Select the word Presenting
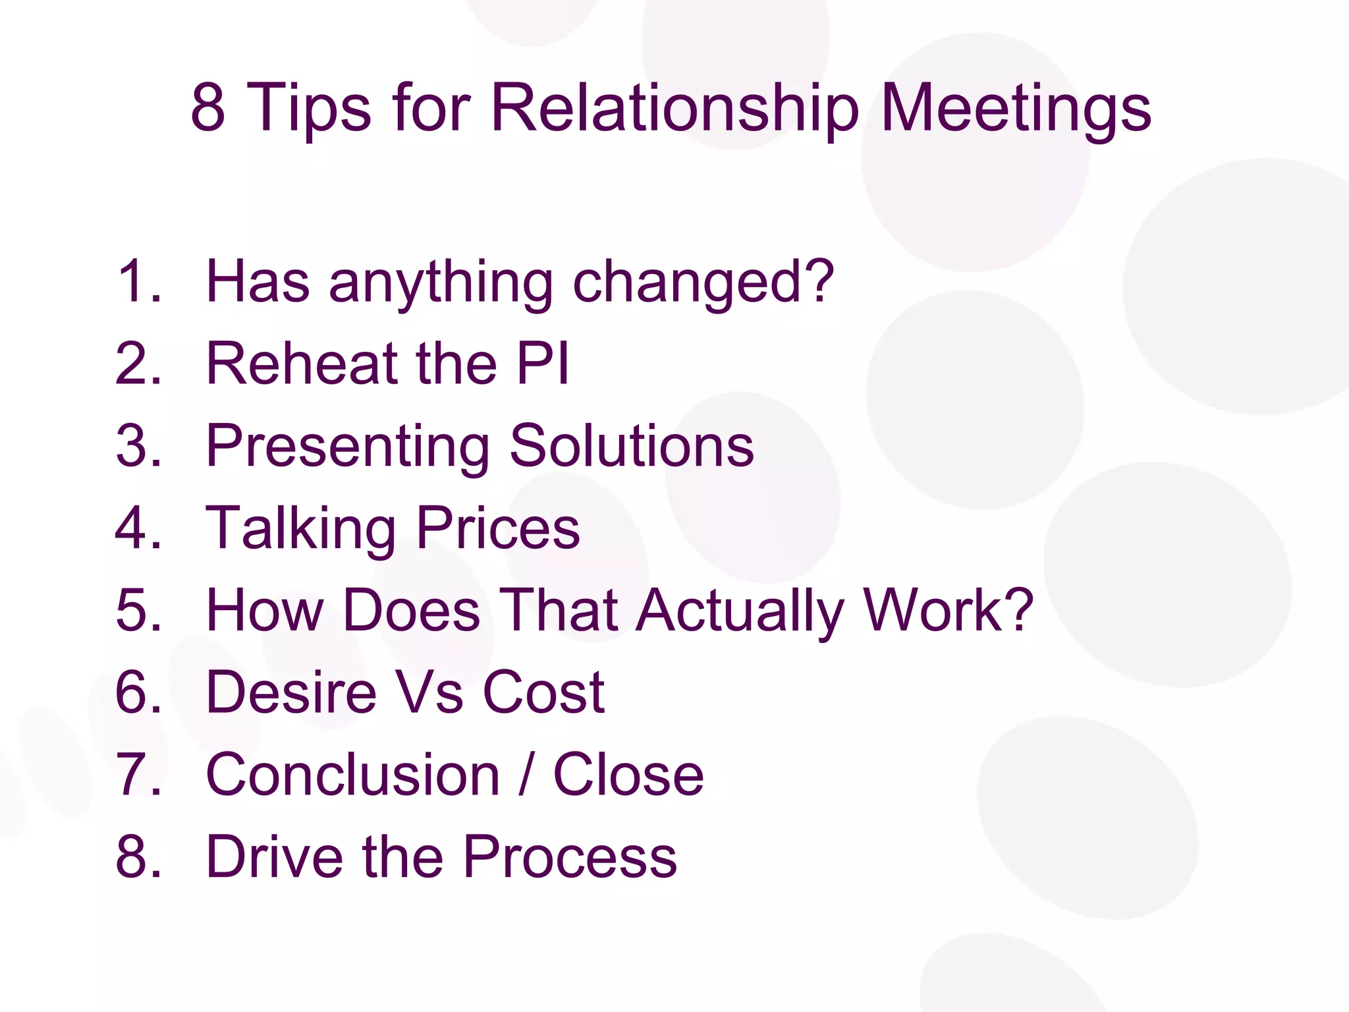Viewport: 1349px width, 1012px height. click(x=348, y=447)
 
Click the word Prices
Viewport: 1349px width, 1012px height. click(x=498, y=528)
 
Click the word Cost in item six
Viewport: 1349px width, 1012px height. click(x=543, y=692)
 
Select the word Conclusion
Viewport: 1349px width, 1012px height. click(x=353, y=775)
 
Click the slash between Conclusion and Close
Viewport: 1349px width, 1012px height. click(x=526, y=775)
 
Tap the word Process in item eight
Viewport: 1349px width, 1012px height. click(x=570, y=857)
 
